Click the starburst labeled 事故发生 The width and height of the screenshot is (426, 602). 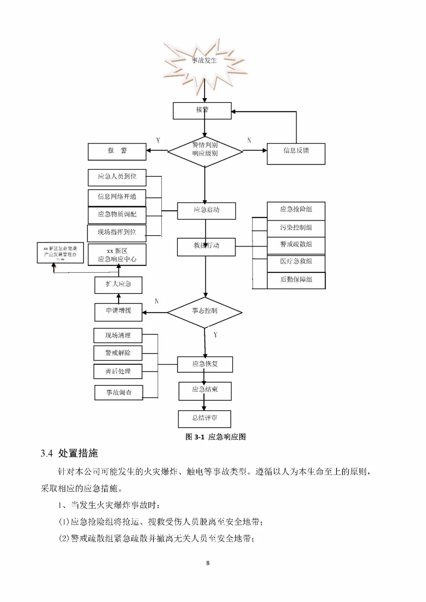(x=204, y=61)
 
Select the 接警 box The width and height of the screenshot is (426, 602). (x=202, y=110)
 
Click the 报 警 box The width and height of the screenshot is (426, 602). (x=117, y=151)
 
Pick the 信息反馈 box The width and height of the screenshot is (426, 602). (x=296, y=153)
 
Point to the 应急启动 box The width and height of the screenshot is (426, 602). (x=206, y=211)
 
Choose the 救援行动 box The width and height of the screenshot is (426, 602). (x=206, y=247)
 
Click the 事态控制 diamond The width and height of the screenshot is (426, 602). (x=205, y=312)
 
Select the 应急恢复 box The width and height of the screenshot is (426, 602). (x=205, y=364)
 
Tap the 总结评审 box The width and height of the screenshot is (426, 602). (x=204, y=419)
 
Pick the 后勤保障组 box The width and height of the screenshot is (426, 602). (x=296, y=280)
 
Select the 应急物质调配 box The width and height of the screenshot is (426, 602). (x=117, y=215)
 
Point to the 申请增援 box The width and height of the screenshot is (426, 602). (x=118, y=312)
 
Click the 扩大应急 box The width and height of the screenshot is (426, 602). (x=118, y=285)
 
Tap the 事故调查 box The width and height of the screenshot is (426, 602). (x=118, y=393)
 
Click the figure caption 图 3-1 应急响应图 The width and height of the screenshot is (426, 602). (x=215, y=437)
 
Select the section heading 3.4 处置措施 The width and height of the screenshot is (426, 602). (x=69, y=453)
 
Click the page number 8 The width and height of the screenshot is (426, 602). (x=208, y=563)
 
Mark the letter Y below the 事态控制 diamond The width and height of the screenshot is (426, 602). (x=215, y=335)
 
